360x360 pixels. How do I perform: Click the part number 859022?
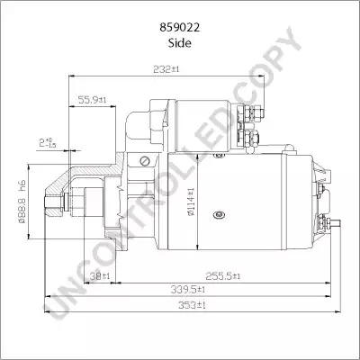pyautogui.click(x=179, y=28)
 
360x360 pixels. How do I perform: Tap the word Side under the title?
pyautogui.click(x=179, y=43)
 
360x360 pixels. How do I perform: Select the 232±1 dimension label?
pyautogui.click(x=166, y=69)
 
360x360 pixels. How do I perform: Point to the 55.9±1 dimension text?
pyautogui.click(x=92, y=100)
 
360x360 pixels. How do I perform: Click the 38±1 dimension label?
pyautogui.click(x=101, y=275)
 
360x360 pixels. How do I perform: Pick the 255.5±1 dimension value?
pyautogui.click(x=222, y=275)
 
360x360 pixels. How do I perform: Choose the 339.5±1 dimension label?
pyautogui.click(x=188, y=290)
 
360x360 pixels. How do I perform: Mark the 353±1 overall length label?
pyautogui.click(x=192, y=305)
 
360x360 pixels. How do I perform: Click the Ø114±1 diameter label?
pyautogui.click(x=191, y=202)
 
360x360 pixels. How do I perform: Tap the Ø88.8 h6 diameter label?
pyautogui.click(x=22, y=202)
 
